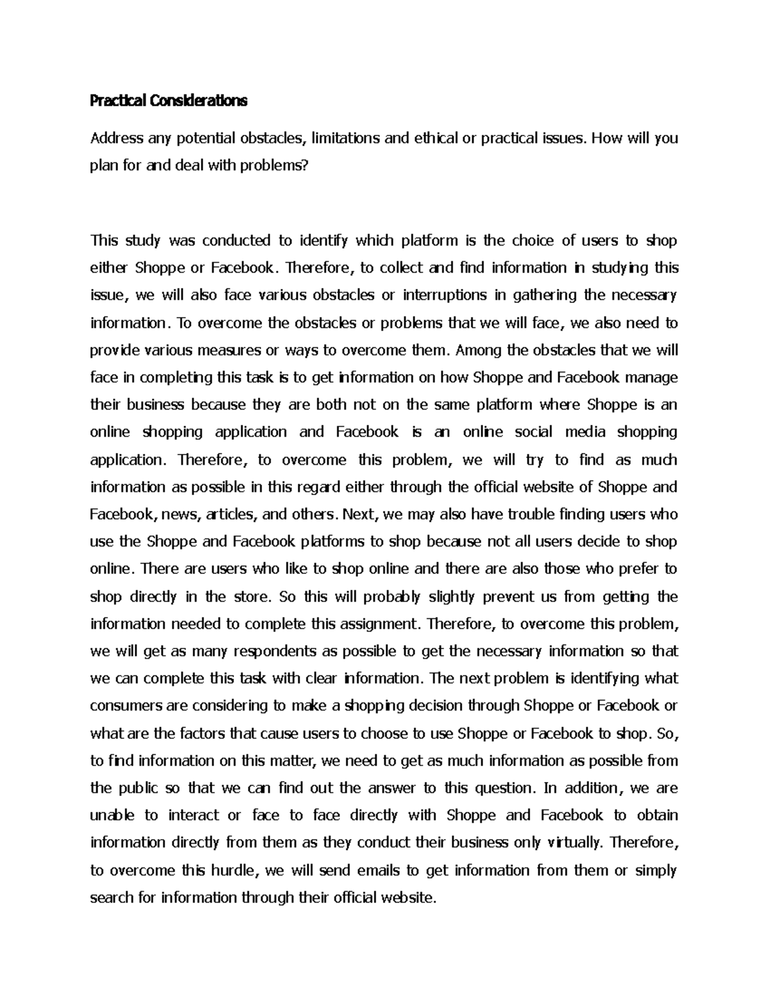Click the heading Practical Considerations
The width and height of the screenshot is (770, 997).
click(168, 101)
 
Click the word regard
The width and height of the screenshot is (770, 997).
click(313, 487)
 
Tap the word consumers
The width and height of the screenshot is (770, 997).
click(126, 706)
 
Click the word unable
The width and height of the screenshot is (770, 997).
click(112, 815)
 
